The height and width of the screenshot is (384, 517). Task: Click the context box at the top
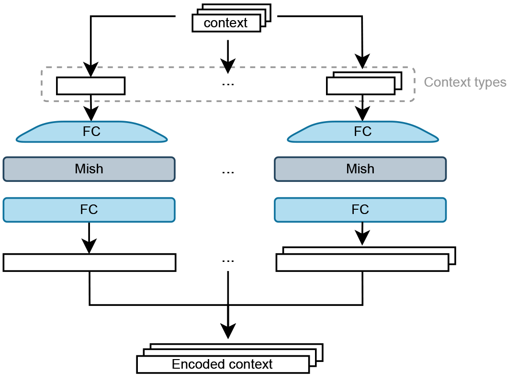pos(226,23)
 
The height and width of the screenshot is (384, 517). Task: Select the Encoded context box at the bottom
pos(223,364)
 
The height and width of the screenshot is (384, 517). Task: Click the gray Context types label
pos(465,82)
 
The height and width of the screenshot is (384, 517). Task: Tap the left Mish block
pos(89,169)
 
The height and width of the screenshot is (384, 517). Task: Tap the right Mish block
pos(360,169)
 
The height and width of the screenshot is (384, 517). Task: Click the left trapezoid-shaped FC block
pos(91,132)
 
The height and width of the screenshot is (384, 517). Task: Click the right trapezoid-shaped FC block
pos(362,132)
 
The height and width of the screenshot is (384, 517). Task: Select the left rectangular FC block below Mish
pos(89,210)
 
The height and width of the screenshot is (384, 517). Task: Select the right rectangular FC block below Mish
pos(360,210)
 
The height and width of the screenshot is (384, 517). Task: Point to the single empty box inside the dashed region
pos(90,86)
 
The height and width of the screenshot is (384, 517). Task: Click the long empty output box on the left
pos(90,263)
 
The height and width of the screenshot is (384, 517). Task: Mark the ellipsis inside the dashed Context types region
pos(228,84)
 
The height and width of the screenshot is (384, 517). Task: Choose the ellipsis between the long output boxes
pos(228,261)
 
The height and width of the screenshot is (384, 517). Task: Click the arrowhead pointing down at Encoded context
pos(228,330)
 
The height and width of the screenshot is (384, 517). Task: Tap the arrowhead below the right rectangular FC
pos(362,238)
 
